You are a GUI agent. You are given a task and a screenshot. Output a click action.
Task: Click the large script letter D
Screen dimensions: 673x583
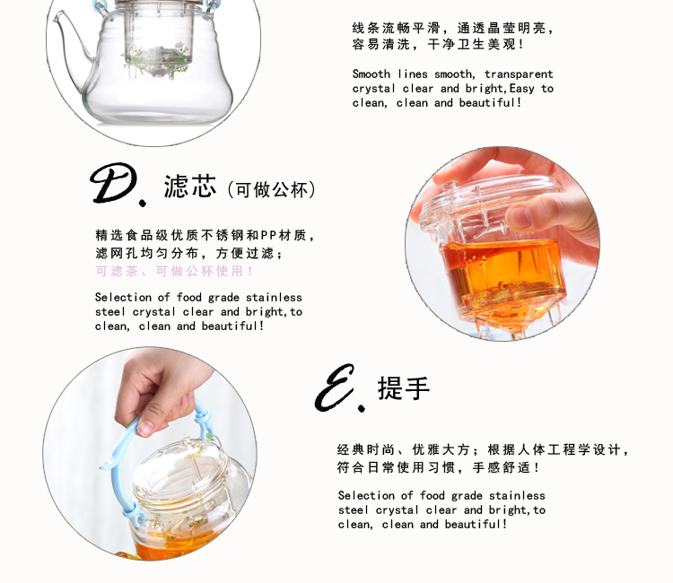[x=115, y=184]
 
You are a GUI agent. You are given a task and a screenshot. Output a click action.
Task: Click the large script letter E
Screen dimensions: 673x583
[x=336, y=387]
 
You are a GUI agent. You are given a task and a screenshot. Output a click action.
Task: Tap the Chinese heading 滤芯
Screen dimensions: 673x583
[x=189, y=187]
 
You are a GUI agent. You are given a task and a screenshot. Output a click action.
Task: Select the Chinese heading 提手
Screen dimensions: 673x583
[x=404, y=388]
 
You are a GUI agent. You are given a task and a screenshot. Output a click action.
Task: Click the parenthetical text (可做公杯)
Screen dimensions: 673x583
[x=271, y=189]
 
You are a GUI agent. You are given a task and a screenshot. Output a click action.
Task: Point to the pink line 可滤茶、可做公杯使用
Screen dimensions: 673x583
[x=174, y=271]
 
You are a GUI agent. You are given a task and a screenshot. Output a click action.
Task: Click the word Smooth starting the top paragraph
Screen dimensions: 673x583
[x=371, y=74]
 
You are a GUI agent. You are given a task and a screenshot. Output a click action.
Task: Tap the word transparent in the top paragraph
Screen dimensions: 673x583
[x=519, y=74]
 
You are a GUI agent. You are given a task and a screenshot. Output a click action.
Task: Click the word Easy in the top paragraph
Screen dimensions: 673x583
[x=522, y=89]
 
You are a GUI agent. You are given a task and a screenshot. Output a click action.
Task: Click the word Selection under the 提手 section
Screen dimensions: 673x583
[x=366, y=495]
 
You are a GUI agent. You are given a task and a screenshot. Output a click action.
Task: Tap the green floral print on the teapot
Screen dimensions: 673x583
[x=157, y=59]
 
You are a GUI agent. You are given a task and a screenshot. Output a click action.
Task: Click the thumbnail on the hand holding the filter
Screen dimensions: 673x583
[x=520, y=216]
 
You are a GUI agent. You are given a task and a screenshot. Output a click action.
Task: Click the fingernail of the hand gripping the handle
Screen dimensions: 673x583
[x=146, y=427]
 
